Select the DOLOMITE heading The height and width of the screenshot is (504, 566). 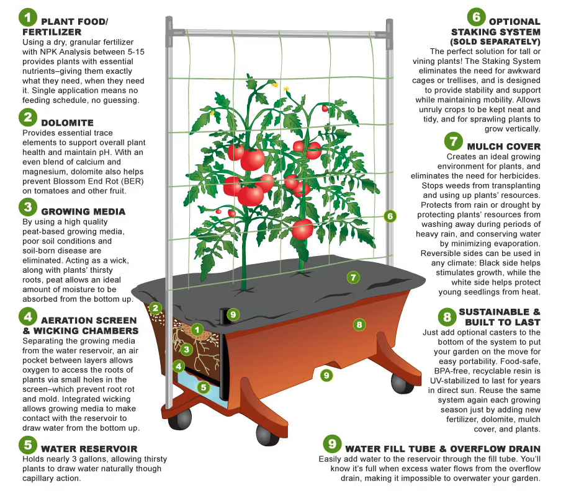point(67,123)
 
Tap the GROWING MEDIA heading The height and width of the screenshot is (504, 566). point(83,211)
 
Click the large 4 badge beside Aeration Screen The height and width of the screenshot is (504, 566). point(28,317)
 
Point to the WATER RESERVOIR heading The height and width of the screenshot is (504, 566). point(89,448)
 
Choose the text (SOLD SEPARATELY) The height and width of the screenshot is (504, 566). point(495,42)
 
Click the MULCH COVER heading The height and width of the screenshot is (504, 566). point(503,146)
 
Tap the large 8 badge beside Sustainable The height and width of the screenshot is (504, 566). point(446,318)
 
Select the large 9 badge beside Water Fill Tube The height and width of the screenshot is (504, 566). point(333,444)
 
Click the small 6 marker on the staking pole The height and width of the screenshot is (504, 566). point(390,216)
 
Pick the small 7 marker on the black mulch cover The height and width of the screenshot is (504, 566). point(353,277)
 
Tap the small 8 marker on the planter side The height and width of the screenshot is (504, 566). point(358,324)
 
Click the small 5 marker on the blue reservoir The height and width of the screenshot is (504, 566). point(202,387)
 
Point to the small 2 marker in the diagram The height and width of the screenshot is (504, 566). point(156,307)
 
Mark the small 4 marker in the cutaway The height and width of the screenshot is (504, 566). point(179,366)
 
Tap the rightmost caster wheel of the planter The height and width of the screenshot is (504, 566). point(402,382)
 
